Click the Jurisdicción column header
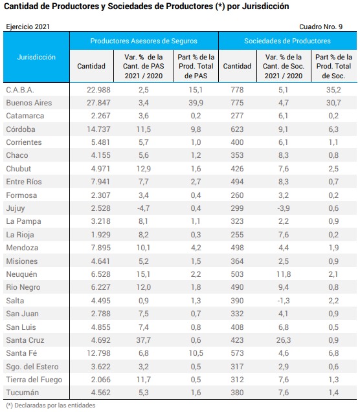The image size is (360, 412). tap(36, 57)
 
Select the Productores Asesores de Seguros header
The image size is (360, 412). tap(144, 41)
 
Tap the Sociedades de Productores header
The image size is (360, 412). tap(287, 41)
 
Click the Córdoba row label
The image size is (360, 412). tap(21, 129)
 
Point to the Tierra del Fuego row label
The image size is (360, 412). tap(34, 380)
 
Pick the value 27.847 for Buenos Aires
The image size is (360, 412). tap(98, 103)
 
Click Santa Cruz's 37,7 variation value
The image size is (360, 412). tap(144, 340)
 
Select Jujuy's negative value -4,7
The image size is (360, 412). tap(144, 208)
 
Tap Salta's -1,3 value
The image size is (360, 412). tap(284, 301)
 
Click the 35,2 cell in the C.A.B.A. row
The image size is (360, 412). tap(333, 90)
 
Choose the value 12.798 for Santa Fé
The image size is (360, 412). tap(98, 353)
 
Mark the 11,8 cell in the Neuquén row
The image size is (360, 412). tap(284, 274)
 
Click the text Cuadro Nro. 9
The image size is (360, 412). tap(321, 27)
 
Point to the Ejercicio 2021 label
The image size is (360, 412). tap(28, 27)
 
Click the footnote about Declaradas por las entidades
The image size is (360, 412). tap(51, 406)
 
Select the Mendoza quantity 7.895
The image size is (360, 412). tap(101, 248)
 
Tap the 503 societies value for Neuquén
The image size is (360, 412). tap(237, 274)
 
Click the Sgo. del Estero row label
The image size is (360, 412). tap(32, 367)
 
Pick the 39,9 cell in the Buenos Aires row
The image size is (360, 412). tap(196, 103)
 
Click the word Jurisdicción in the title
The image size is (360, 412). tap(265, 6)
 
